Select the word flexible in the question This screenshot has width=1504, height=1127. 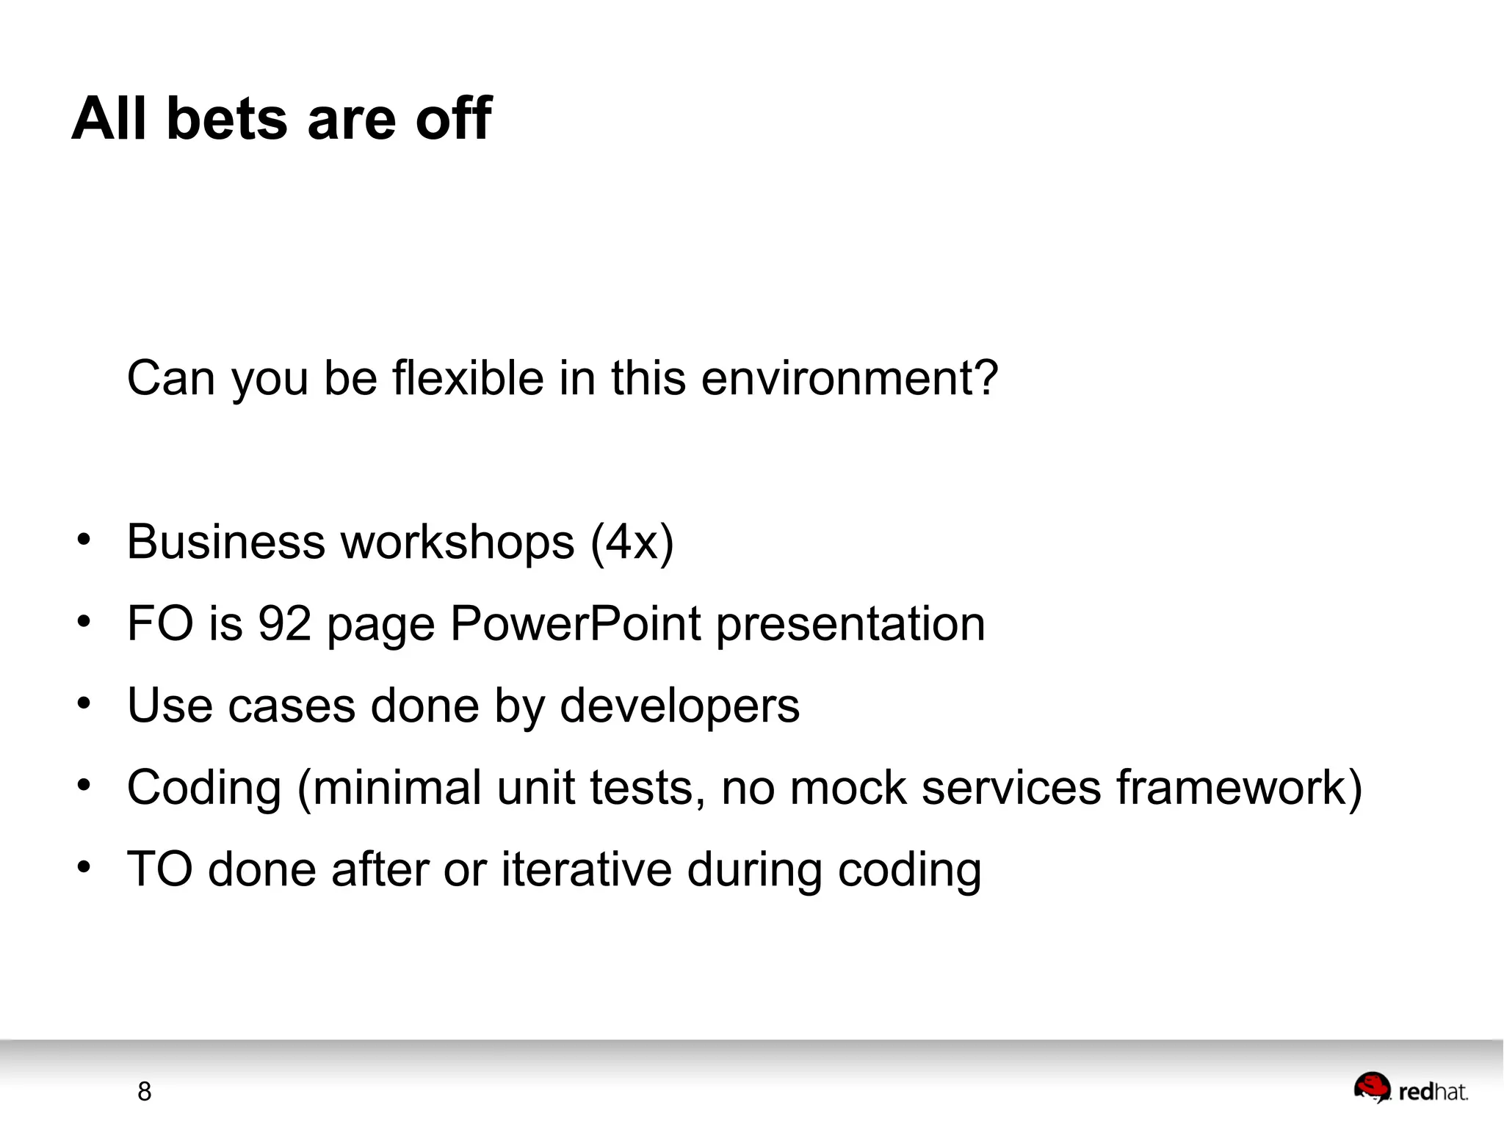click(x=468, y=378)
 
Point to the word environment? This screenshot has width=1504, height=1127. click(x=850, y=378)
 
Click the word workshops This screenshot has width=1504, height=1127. click(x=458, y=543)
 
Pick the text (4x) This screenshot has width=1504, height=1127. click(x=632, y=543)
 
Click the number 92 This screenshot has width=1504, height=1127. click(x=285, y=624)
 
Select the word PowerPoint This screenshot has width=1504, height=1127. click(x=575, y=624)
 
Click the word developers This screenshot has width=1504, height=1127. click(x=679, y=706)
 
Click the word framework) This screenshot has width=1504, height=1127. click(x=1240, y=788)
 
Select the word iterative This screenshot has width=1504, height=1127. click(x=587, y=870)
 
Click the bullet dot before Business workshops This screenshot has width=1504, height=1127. click(x=84, y=541)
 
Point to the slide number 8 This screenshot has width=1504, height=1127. click(x=145, y=1092)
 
